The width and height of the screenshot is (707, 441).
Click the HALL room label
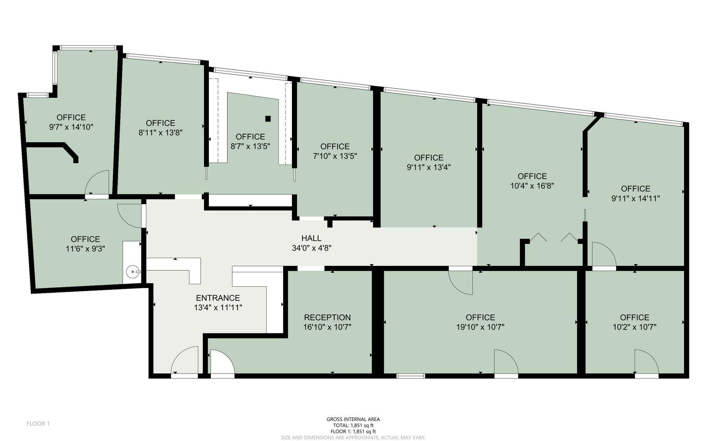coord(311,238)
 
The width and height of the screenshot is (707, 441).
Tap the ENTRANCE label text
coord(218,298)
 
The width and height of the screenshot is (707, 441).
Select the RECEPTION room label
coord(327,317)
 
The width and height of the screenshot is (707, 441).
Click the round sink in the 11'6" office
coord(133,272)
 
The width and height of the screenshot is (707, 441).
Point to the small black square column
coord(268,119)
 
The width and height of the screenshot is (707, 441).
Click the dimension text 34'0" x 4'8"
coord(311,248)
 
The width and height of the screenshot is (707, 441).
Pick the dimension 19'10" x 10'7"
coord(480,327)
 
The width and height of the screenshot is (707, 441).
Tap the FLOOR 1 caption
coord(38,423)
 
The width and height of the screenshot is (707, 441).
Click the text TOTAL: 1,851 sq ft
coord(353,425)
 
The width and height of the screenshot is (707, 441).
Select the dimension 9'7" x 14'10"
coord(71,127)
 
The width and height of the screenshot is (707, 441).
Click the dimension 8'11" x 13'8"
coord(160,133)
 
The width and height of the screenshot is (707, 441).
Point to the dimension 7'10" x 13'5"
coord(335,156)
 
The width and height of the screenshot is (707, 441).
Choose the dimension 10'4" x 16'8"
coord(532,186)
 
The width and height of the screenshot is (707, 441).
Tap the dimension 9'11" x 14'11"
coord(636,198)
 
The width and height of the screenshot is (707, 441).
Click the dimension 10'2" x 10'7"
coord(635,327)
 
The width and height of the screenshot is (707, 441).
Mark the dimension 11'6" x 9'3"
coord(86,249)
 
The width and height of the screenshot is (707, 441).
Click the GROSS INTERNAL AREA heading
coord(353,419)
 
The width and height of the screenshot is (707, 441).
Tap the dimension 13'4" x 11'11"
coord(218,308)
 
